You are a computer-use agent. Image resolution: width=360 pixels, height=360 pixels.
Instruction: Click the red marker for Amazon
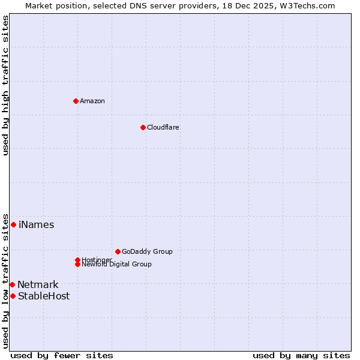(x=76, y=101)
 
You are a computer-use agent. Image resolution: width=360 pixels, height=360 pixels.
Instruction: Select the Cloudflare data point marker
(x=143, y=127)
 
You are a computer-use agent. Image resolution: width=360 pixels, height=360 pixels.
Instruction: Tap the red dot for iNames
(x=13, y=224)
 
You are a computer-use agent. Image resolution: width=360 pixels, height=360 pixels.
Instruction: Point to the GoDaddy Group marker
(x=118, y=251)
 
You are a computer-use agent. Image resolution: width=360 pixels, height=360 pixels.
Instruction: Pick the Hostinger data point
(x=77, y=260)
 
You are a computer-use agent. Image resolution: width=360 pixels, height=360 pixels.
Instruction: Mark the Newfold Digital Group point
(x=77, y=264)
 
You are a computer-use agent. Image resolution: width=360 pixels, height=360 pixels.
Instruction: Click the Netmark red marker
(x=12, y=284)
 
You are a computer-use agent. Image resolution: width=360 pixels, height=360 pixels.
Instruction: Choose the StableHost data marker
(x=13, y=296)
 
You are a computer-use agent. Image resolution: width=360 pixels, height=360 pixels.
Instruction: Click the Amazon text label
(x=92, y=101)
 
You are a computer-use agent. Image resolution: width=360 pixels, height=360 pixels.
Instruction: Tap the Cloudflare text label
(x=163, y=127)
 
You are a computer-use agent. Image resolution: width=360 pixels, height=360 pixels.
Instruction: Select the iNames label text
(x=36, y=225)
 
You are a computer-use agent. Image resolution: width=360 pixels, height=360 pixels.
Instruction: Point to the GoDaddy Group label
(x=147, y=251)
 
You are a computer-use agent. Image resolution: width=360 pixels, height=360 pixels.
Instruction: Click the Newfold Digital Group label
(x=117, y=265)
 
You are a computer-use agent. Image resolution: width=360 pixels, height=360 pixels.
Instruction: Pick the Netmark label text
(x=38, y=285)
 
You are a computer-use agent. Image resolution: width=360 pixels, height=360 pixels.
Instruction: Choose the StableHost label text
(x=44, y=296)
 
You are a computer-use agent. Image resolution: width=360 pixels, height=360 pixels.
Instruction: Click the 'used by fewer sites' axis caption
(x=62, y=355)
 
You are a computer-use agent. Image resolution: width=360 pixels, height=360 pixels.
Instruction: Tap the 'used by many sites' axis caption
(x=301, y=355)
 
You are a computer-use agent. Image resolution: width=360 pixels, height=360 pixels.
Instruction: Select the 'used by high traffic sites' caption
(x=5, y=85)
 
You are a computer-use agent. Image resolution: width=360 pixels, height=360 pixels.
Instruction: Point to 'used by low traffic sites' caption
(x=5, y=280)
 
